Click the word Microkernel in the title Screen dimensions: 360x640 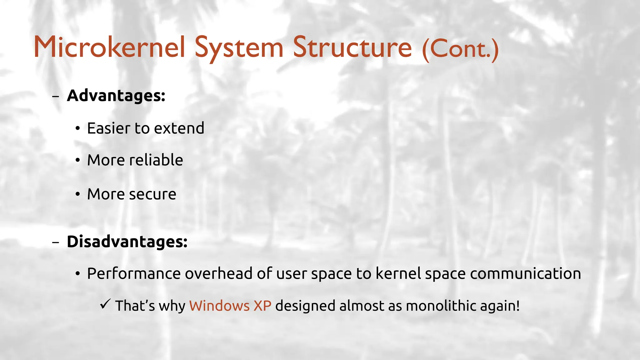point(109,47)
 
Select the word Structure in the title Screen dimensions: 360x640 point(352,47)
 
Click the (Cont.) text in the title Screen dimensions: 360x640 point(460,49)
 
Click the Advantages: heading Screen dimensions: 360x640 point(116,95)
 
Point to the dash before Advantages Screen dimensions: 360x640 point(56,97)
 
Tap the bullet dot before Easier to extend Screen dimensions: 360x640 point(78,128)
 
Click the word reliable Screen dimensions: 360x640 point(156,160)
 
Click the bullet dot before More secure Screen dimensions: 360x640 point(78,194)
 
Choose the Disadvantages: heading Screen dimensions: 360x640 point(127,242)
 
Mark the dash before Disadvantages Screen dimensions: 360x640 point(56,242)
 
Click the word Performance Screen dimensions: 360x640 point(134,274)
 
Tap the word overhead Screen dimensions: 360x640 point(219,274)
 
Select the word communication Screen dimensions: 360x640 point(525,274)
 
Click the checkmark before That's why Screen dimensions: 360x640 point(105,304)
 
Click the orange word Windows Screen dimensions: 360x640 point(219,306)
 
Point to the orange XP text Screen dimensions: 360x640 point(262,306)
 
